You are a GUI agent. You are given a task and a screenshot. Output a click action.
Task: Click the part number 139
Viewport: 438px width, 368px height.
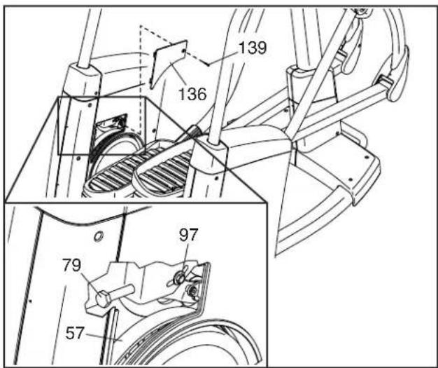click(253, 48)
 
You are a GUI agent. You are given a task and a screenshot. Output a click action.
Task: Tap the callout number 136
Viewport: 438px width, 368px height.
click(192, 94)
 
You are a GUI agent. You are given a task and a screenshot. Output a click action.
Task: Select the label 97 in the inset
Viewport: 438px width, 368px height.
click(189, 235)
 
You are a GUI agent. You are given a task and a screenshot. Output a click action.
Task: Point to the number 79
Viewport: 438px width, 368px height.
click(72, 265)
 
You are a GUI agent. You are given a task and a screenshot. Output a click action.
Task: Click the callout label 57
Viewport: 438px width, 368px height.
click(75, 333)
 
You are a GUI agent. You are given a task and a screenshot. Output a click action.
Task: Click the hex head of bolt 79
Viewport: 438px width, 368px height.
click(103, 299)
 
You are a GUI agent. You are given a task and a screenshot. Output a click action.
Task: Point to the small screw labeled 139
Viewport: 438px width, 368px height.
click(208, 65)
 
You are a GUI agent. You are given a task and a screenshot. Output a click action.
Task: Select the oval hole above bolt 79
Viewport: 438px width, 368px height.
click(99, 237)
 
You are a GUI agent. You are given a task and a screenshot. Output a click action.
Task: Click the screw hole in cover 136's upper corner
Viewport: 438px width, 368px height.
click(183, 51)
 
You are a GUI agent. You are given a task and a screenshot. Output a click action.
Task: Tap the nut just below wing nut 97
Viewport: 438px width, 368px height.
click(192, 292)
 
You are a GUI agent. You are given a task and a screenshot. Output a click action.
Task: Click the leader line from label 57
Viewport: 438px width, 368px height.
click(104, 337)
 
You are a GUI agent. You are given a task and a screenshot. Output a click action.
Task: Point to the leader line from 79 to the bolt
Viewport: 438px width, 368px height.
click(89, 282)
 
